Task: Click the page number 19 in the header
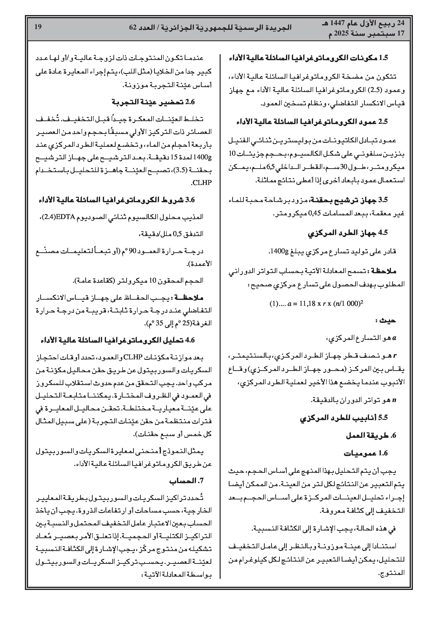point(38,27)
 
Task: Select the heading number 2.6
point(190,102)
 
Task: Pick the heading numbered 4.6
point(190,340)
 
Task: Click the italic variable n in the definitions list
point(394,400)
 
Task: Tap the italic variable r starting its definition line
point(395,355)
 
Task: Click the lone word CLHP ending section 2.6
point(202,183)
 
